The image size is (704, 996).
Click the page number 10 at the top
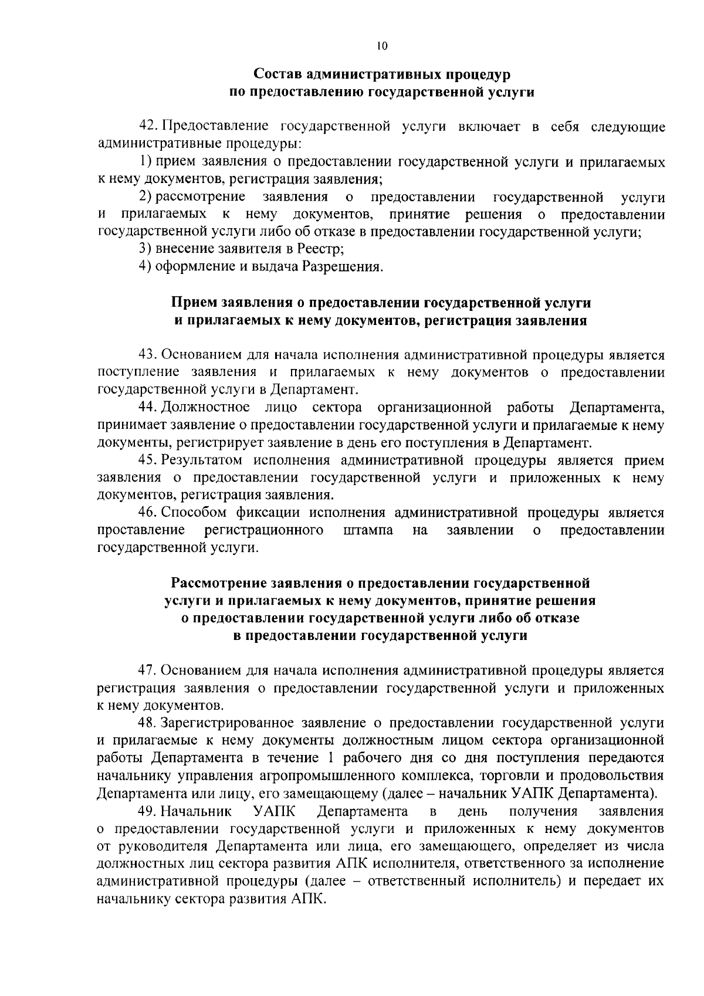point(382,46)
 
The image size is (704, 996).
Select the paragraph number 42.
point(148,127)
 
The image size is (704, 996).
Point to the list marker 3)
point(146,249)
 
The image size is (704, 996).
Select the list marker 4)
point(146,267)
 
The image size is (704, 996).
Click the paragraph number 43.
point(148,355)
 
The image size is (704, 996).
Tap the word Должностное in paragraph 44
point(205,408)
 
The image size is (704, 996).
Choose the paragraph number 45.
point(148,460)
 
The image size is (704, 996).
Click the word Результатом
point(202,460)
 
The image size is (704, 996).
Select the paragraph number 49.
point(148,811)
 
